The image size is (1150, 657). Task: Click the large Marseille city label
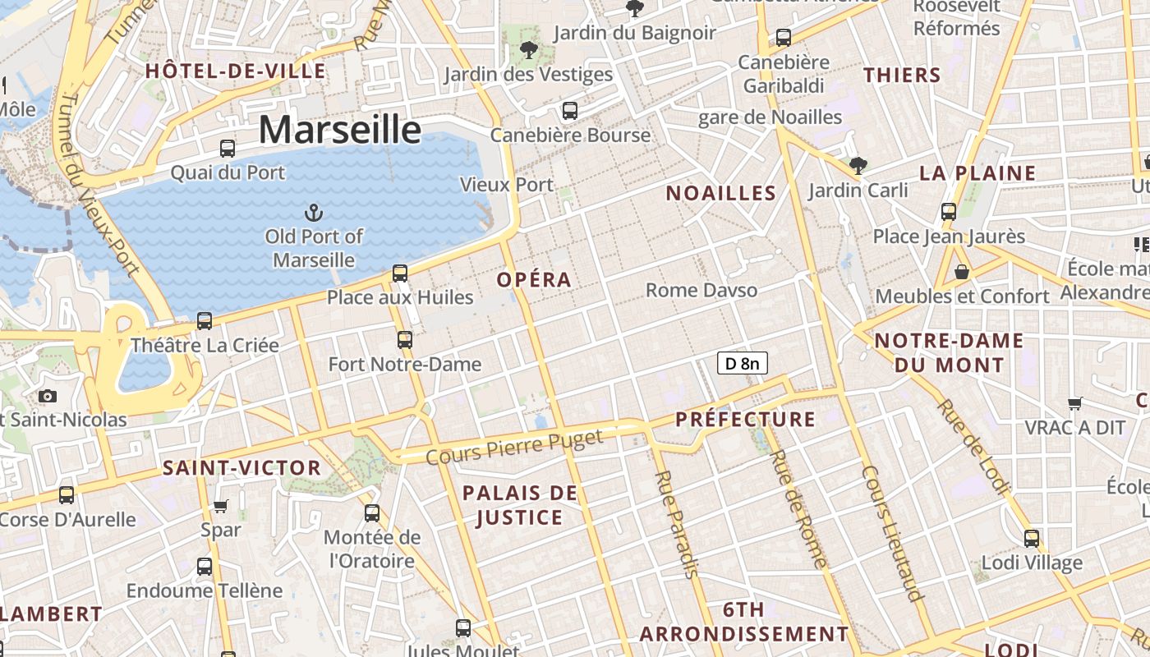339,130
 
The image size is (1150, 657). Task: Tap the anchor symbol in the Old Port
313,214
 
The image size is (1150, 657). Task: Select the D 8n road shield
743,363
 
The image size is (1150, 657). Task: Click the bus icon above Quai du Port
228,149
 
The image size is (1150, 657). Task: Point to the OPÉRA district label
534,279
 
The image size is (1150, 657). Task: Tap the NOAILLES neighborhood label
720,193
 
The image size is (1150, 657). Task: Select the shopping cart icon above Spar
220,506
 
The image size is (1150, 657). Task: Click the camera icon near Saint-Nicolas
48,397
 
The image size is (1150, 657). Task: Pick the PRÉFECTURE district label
745,420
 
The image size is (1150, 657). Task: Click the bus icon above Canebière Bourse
569,111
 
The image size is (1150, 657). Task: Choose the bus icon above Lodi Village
1032,539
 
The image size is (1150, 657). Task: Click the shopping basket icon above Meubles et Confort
961,271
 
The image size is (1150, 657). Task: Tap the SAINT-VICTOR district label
241,468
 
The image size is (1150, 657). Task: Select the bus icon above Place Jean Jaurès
949,212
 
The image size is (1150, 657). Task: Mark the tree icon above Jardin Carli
858,166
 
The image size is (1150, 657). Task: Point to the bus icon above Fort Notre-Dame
404,339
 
